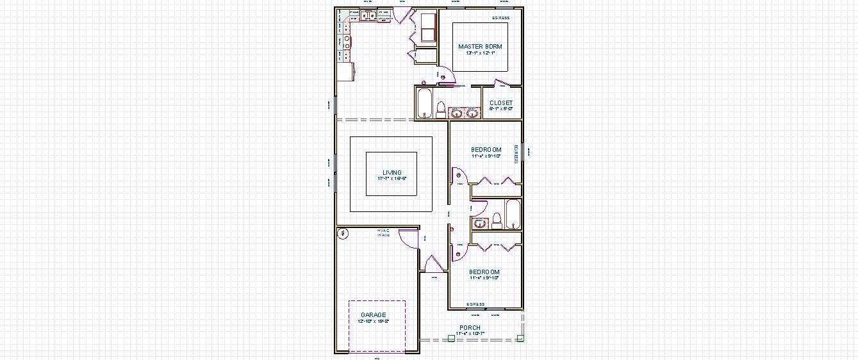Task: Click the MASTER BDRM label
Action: click(480, 47)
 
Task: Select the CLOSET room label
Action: click(501, 103)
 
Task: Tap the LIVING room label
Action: click(392, 173)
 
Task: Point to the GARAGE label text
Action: click(374, 315)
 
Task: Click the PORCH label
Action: click(470, 328)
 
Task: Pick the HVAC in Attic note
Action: click(383, 233)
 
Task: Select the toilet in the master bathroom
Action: click(441, 110)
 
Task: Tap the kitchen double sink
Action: click(367, 16)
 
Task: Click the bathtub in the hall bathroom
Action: click(513, 214)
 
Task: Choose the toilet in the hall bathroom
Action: click(496, 221)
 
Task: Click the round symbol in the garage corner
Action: click(343, 234)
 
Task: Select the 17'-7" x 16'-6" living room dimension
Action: click(392, 178)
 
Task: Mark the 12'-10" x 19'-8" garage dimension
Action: click(374, 321)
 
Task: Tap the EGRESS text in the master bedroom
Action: click(500, 18)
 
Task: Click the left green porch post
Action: click(451, 338)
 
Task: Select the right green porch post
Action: click(520, 338)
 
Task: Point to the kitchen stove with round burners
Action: click(347, 42)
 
